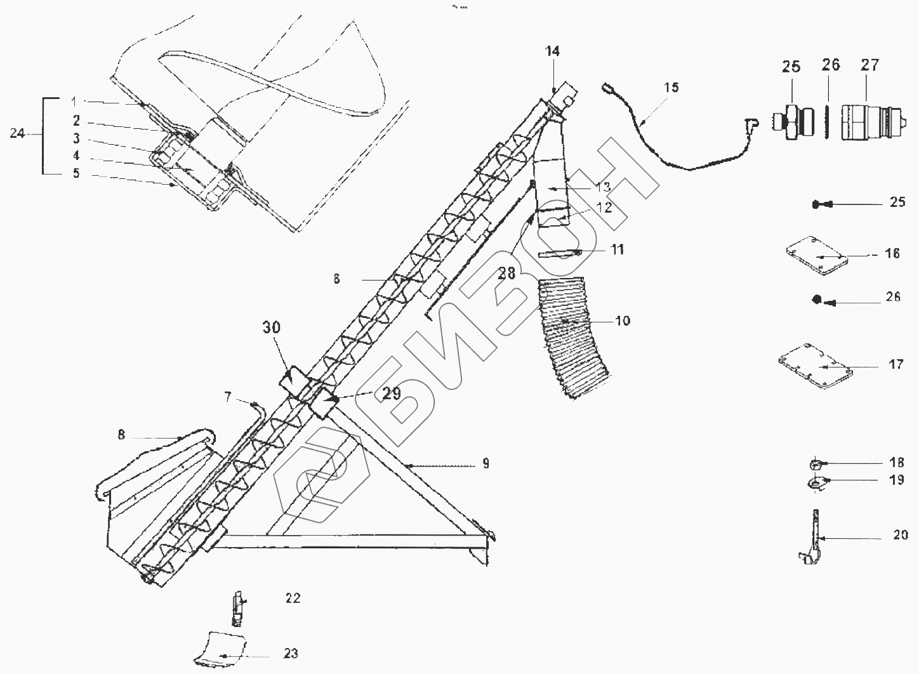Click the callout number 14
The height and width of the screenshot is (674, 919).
click(x=552, y=51)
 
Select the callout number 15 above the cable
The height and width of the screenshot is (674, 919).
click(x=671, y=87)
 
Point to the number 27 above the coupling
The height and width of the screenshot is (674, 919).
click(x=870, y=65)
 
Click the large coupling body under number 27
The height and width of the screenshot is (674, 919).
click(x=871, y=122)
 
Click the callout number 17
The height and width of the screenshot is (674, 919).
click(x=896, y=365)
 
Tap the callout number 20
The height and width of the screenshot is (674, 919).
click(x=901, y=535)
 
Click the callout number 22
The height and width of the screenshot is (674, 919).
click(x=293, y=598)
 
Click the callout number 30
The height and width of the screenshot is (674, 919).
click(x=271, y=328)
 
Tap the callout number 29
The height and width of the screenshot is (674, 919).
click(x=391, y=393)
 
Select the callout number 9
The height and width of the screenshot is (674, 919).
click(x=486, y=463)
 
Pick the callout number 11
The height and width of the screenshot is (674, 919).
click(x=617, y=249)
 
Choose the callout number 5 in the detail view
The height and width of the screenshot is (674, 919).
click(x=76, y=173)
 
